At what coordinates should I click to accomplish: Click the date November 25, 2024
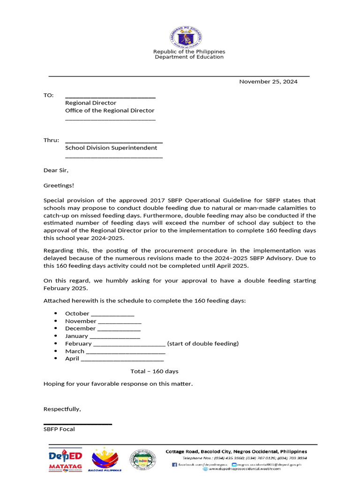click(x=268, y=82)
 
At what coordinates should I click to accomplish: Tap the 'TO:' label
click(x=49, y=95)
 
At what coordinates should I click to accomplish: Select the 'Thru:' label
click(x=51, y=140)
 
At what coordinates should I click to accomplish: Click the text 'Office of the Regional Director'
click(x=110, y=111)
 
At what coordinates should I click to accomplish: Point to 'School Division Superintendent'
click(x=111, y=148)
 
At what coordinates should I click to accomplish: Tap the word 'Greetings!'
click(x=59, y=185)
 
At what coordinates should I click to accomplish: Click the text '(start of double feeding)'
click(x=203, y=344)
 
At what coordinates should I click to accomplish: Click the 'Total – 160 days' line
click(x=154, y=371)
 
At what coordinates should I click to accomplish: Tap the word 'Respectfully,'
click(x=62, y=409)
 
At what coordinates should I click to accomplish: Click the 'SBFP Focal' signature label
click(x=59, y=429)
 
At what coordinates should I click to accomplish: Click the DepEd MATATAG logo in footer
click(x=65, y=460)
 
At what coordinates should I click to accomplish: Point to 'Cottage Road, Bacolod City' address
click(x=236, y=451)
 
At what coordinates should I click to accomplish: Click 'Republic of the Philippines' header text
click(x=189, y=52)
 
